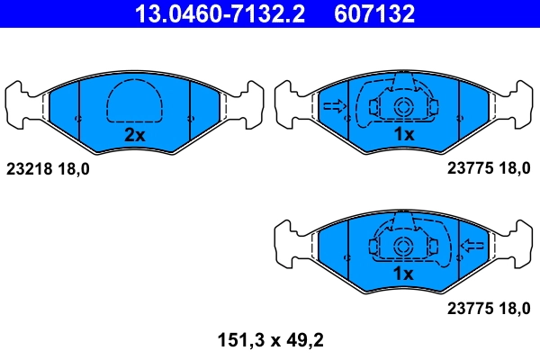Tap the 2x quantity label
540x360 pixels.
[134, 135]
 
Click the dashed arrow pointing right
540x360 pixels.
[334, 107]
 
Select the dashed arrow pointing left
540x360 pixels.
[472, 245]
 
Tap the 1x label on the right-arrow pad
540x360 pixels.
[402, 135]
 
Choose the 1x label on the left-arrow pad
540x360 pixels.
[402, 273]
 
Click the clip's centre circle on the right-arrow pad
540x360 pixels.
[403, 107]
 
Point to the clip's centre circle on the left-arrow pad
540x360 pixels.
[402, 245]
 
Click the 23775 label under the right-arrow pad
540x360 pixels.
[468, 168]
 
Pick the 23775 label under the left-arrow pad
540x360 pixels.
[468, 307]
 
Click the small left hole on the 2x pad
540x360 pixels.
[79, 118]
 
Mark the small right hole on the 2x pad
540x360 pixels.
[189, 118]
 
